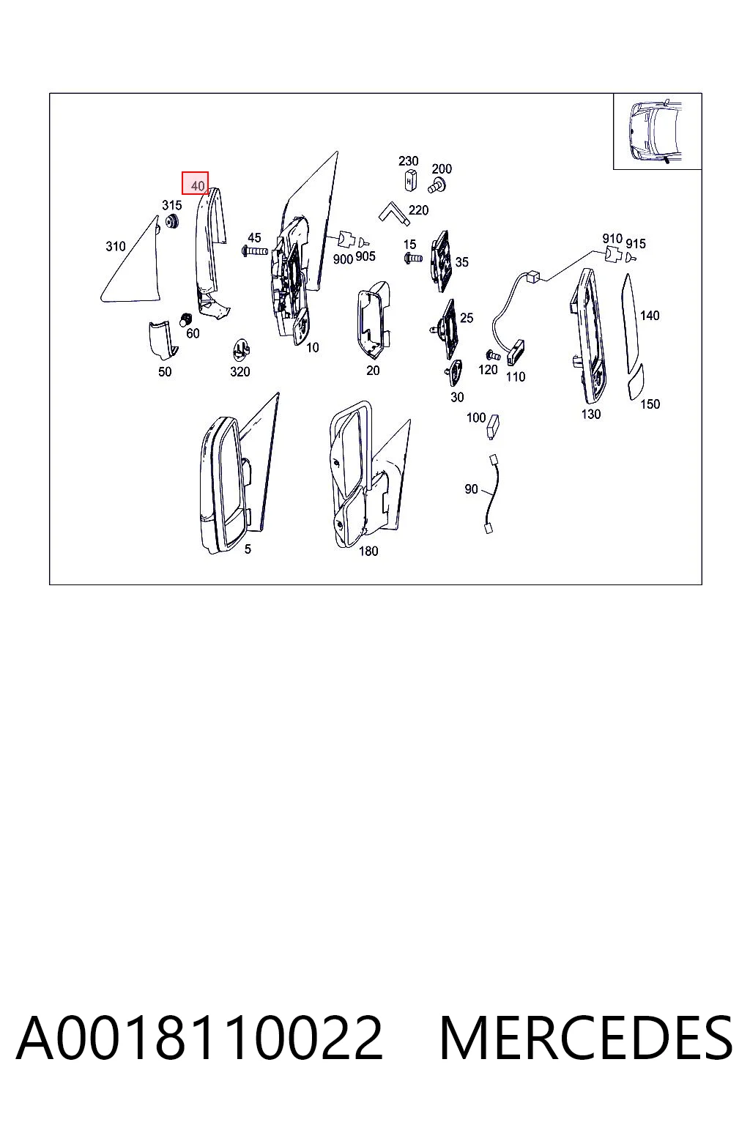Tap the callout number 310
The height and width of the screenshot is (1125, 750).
tap(116, 246)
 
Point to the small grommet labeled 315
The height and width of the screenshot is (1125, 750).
tap(173, 221)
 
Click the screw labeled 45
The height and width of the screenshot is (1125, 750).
tap(255, 250)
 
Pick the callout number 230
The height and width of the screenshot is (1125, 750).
tap(409, 160)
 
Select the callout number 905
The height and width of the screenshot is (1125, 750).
tap(365, 256)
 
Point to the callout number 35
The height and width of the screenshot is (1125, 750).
tap(461, 261)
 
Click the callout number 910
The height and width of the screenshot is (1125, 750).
tap(612, 238)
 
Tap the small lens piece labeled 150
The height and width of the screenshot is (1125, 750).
tap(636, 382)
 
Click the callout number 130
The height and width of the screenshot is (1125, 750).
tap(591, 415)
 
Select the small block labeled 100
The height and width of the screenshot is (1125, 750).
tap(494, 426)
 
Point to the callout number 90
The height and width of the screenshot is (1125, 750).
tap(471, 489)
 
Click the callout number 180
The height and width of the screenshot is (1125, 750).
tap(368, 551)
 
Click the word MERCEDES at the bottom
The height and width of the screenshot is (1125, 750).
tap(586, 1039)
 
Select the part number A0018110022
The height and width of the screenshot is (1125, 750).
tap(200, 1039)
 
